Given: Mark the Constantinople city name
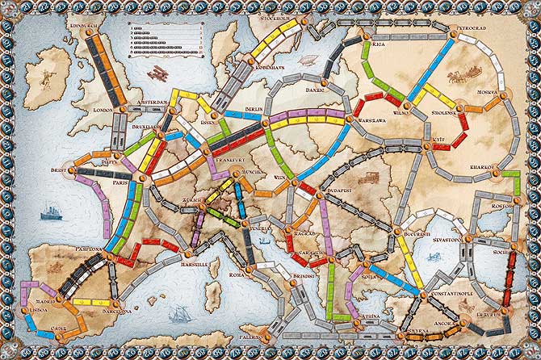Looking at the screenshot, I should tap(455, 296).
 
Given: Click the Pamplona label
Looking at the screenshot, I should tap(90, 249).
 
